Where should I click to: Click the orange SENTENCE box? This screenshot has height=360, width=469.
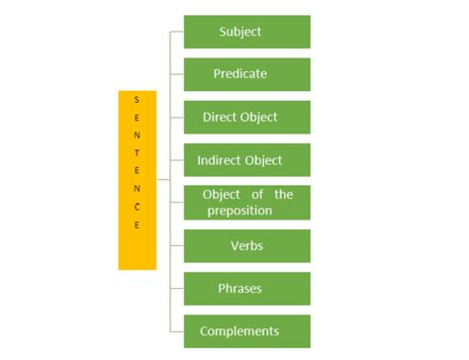(138, 180)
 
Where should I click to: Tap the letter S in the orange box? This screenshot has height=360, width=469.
(138, 100)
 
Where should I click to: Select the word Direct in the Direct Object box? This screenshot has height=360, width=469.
(220, 117)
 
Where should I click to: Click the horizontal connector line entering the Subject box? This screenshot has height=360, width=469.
(176, 32)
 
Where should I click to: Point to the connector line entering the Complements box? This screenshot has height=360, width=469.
(176, 331)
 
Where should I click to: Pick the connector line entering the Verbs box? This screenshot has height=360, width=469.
(176, 245)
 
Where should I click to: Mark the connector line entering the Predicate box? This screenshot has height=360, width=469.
(176, 74)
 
